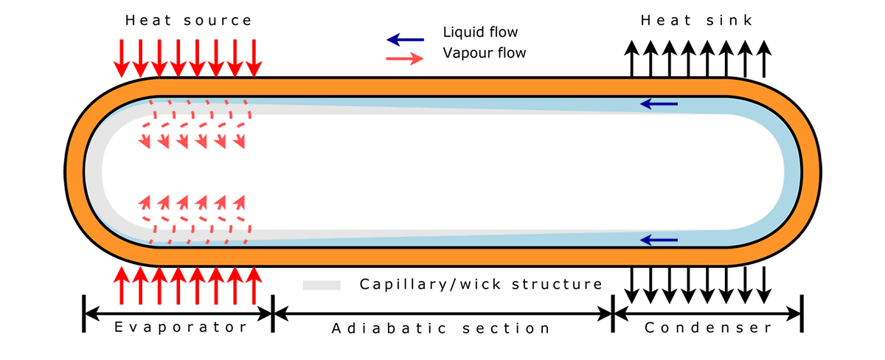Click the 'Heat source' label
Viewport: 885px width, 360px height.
(188, 21)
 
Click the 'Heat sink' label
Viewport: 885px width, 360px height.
(697, 21)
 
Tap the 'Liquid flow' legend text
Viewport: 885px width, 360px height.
(480, 32)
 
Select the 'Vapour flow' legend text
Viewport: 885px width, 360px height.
(484, 53)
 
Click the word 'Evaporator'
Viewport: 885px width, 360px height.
(181, 327)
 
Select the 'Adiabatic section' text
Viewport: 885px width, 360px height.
(441, 328)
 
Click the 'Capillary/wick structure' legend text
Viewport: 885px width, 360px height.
(481, 284)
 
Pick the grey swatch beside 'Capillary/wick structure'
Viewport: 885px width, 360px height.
(322, 285)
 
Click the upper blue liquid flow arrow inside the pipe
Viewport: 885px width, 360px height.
(659, 105)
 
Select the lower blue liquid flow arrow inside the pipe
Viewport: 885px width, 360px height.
(659, 240)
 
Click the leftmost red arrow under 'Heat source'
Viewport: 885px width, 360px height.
(121, 58)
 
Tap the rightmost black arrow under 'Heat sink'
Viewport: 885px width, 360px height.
(764, 58)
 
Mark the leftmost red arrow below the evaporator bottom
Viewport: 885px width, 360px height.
(121, 286)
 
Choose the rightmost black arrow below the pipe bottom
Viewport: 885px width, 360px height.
(764, 285)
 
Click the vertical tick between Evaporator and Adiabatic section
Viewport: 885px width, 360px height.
(272, 314)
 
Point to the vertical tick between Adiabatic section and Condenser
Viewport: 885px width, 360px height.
(613, 314)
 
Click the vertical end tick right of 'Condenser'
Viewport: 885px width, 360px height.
(802, 314)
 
